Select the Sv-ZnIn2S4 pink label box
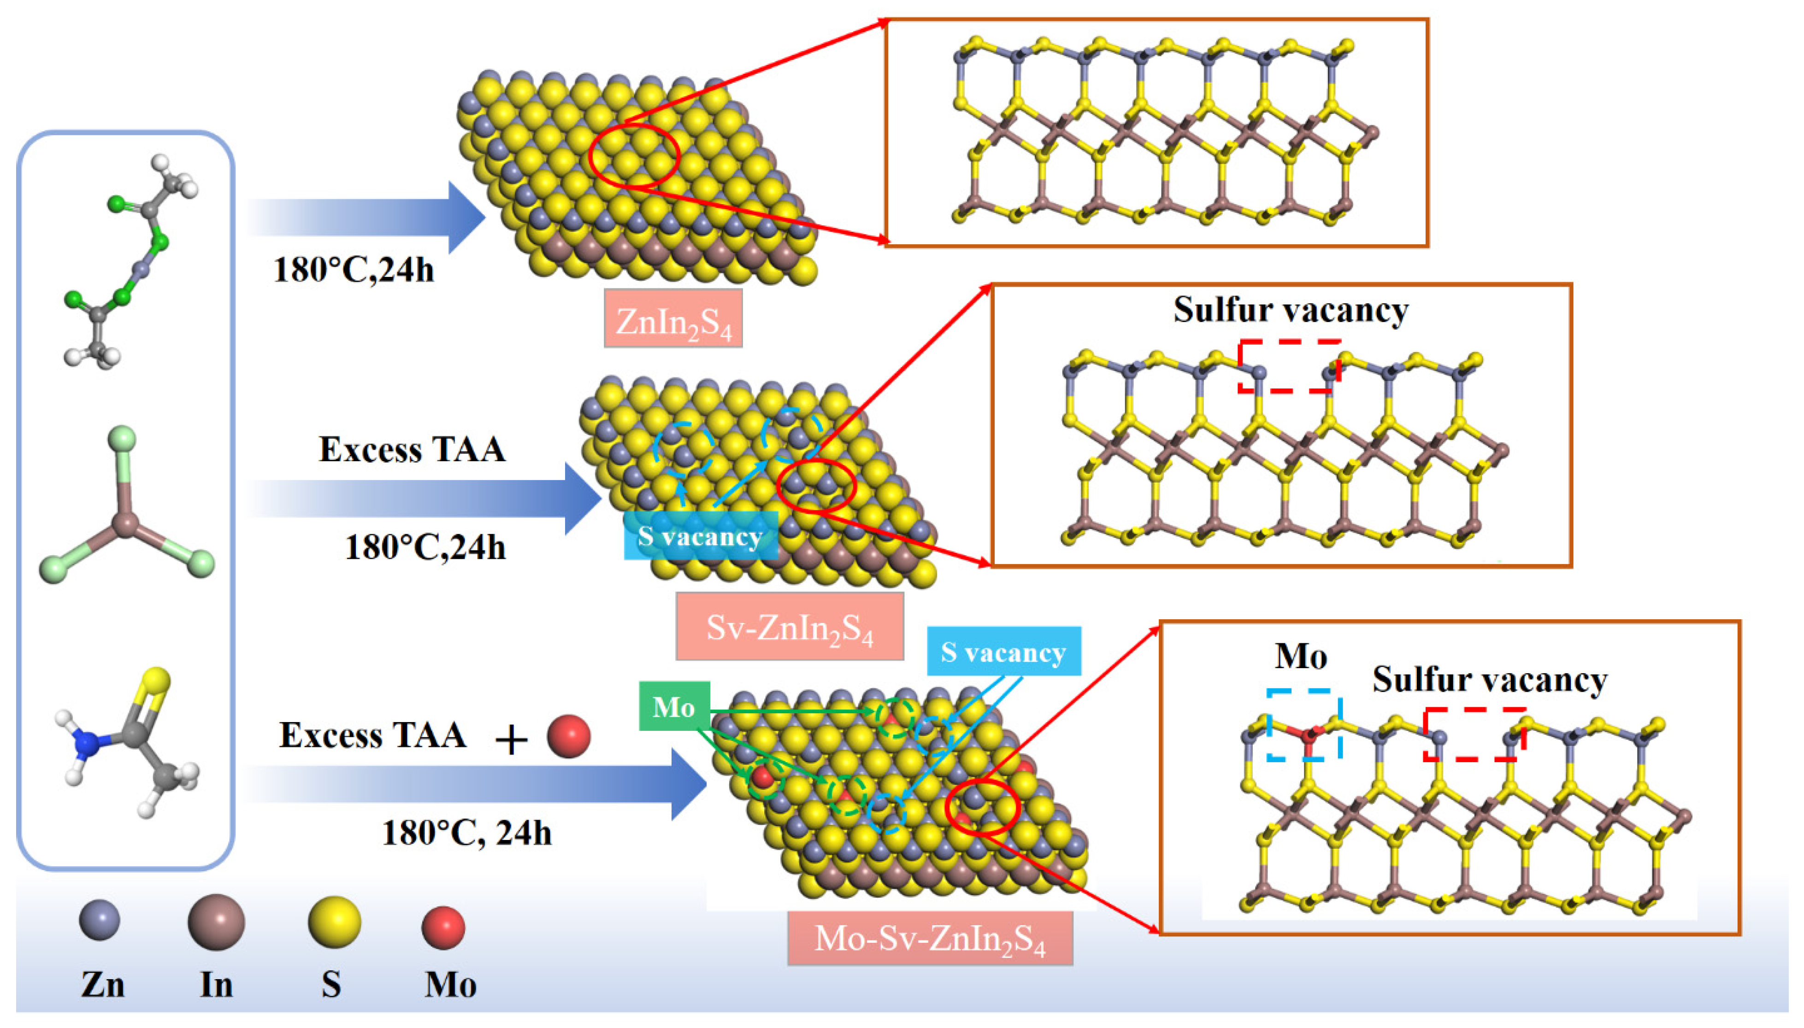[790, 626]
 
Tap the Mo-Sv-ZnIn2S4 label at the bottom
[929, 938]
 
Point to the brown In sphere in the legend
[216, 922]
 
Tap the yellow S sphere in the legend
[334, 922]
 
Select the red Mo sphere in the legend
[443, 927]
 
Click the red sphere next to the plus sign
[568, 736]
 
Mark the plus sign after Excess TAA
[511, 739]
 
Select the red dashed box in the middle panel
[1289, 366]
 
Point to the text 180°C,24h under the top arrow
[353, 270]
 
